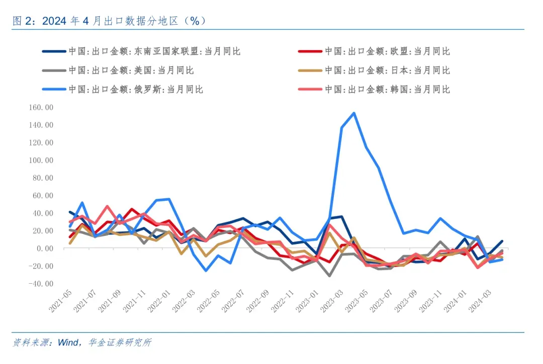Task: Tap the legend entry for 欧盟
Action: click(x=387, y=51)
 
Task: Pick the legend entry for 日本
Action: click(x=387, y=70)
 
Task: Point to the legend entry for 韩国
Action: click(x=387, y=89)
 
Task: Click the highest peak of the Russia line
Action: click(x=354, y=113)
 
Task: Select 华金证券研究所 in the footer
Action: click(x=119, y=343)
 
